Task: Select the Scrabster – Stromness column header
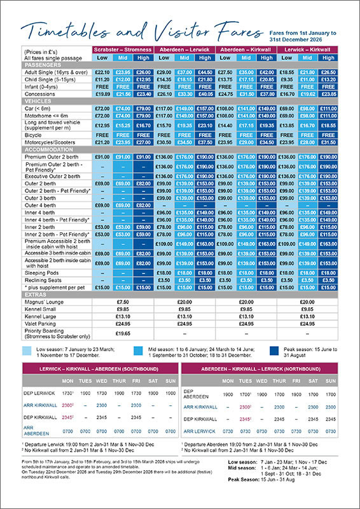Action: click(123, 49)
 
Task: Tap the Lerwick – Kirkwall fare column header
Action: click(310, 49)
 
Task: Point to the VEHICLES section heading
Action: click(39, 101)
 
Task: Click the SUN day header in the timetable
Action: click(169, 381)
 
